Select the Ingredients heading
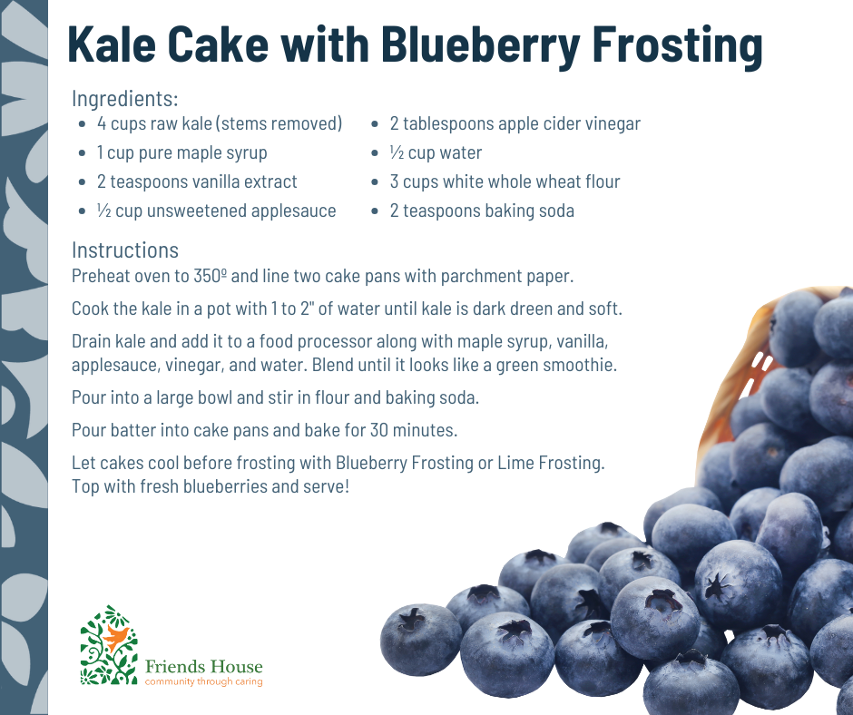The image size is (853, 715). (x=124, y=99)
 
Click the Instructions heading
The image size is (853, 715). (x=125, y=250)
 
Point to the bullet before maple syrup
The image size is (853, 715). (x=83, y=153)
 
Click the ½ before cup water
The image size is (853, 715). (x=397, y=153)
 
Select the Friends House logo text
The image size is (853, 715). (x=203, y=667)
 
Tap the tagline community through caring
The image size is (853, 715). (x=203, y=681)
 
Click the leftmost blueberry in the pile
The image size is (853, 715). (x=421, y=640)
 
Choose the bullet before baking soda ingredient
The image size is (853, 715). (x=375, y=211)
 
